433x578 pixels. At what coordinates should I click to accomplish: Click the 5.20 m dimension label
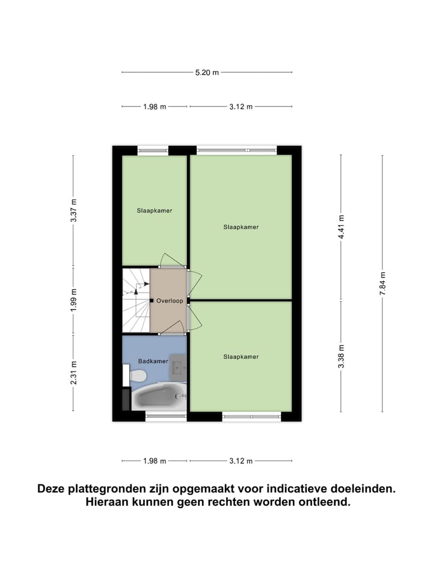207,72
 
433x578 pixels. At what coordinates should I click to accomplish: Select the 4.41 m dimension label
341,226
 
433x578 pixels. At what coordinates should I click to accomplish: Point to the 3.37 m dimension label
74,210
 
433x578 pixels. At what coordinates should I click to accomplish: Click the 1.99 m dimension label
74,299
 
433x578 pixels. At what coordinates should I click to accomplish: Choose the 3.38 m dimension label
341,356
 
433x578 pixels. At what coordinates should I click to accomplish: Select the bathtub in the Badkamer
158,397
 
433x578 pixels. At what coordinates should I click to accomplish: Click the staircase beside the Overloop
136,300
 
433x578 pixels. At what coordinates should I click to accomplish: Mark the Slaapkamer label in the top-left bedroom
155,211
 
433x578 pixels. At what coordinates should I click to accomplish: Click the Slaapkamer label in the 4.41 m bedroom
241,227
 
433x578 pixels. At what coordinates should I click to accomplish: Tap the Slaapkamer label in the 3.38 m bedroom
241,356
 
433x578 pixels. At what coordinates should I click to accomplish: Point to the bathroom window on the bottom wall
166,415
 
